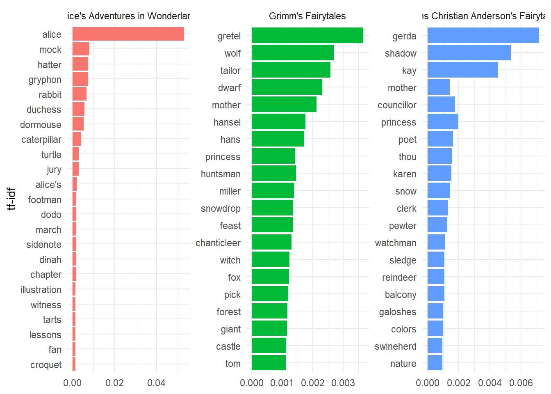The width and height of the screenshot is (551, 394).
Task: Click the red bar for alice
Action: [x=128, y=34]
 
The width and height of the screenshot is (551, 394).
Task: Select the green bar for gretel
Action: [x=307, y=35]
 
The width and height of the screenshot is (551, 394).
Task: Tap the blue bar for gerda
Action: [x=483, y=35]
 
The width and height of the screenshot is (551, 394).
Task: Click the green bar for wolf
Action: [x=292, y=53]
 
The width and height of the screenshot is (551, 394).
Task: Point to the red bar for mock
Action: [x=81, y=49]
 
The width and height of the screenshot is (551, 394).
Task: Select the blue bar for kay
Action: [x=462, y=70]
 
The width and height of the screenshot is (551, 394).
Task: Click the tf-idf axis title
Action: [x=11, y=199]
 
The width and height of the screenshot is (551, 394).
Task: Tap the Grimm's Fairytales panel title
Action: [x=307, y=16]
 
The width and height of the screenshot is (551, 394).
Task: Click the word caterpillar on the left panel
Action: [x=41, y=140]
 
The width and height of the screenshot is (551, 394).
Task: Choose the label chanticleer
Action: [x=218, y=243]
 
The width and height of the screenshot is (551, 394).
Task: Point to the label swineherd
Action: [x=395, y=346]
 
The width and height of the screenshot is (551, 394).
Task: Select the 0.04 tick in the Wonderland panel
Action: [x=157, y=383]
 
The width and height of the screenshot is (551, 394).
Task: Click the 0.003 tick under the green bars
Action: [x=343, y=383]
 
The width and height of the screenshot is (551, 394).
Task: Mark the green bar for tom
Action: [x=269, y=363]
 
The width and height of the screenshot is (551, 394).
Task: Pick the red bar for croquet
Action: [x=74, y=364]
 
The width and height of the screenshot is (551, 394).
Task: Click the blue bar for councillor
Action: [x=441, y=104]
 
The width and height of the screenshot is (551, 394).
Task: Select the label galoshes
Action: [x=397, y=312]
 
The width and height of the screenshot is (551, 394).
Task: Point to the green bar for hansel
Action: [x=278, y=121]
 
